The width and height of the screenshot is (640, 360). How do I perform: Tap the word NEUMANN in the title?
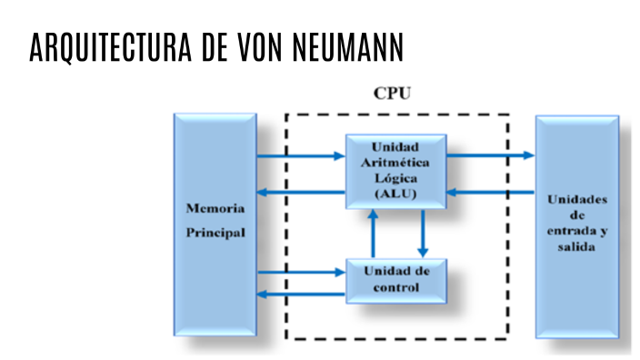349,48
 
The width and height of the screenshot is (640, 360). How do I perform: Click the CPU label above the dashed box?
392,93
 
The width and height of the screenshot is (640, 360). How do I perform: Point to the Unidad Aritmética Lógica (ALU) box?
395,170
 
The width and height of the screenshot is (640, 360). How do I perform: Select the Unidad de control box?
395,280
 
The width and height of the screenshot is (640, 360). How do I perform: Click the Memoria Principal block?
215,223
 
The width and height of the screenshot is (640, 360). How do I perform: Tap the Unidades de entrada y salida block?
577,223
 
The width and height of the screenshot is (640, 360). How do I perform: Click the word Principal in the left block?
215,233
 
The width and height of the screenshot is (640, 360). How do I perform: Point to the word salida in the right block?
577,247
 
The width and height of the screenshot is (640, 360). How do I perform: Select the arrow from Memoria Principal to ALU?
300,155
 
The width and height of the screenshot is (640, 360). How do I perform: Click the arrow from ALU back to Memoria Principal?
300,191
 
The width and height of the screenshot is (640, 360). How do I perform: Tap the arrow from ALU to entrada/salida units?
491,155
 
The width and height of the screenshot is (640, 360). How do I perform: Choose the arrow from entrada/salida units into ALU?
491,191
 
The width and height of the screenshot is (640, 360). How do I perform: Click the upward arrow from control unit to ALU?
373,235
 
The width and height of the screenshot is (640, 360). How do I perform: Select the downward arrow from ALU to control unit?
422,235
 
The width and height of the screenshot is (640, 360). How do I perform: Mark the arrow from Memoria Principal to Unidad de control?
300,271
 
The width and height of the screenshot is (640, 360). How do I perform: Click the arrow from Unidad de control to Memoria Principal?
300,294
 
